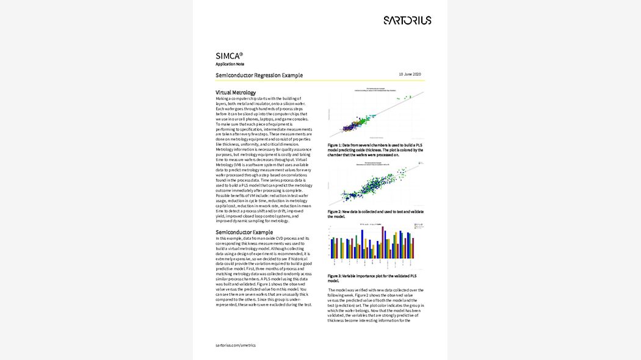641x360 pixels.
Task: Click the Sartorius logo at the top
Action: pos(407,20)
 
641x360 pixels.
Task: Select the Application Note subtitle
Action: pos(230,64)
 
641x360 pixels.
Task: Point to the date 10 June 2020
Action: pos(410,74)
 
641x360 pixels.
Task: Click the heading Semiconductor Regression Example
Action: pos(259,75)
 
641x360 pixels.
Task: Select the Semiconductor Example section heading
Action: pos(244,232)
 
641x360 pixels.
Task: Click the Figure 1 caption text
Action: pos(375,149)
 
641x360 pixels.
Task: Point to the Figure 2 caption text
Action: pos(375,214)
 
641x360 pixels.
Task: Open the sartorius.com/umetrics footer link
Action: pos(236,345)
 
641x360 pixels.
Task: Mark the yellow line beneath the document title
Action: pos(320,81)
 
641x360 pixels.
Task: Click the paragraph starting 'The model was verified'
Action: pos(375,304)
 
